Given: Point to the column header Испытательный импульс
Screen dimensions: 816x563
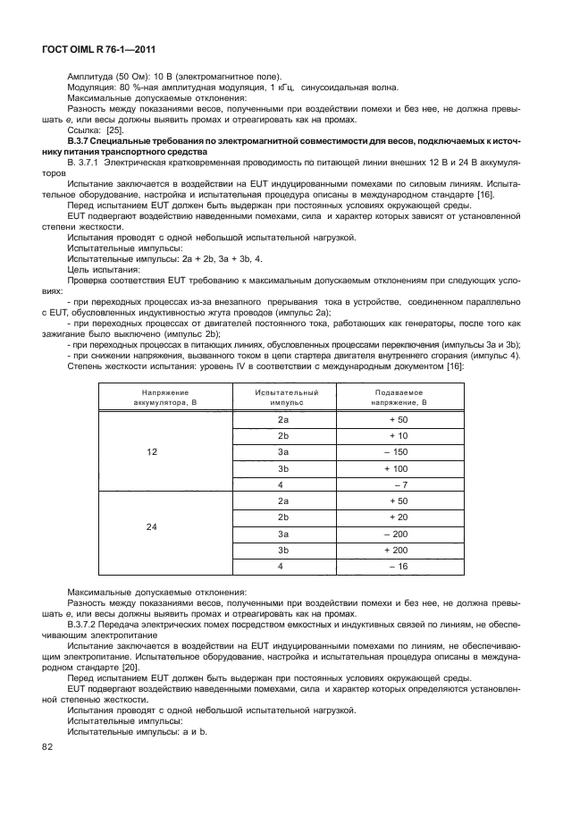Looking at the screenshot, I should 286,397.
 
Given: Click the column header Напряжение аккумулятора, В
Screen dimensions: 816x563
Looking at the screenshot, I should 151,397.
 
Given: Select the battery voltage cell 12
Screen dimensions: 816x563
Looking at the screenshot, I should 151,451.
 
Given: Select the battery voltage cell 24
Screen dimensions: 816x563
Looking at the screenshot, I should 151,526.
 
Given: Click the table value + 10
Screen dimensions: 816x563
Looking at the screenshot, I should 398,435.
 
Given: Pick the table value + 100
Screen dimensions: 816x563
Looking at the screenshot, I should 396,468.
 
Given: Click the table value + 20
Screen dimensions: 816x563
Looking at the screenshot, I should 398,517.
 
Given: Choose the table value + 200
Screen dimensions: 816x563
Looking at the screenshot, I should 396,551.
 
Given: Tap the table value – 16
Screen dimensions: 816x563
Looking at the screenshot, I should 398,567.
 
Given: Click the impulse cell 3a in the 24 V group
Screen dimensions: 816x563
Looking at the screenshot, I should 283,534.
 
